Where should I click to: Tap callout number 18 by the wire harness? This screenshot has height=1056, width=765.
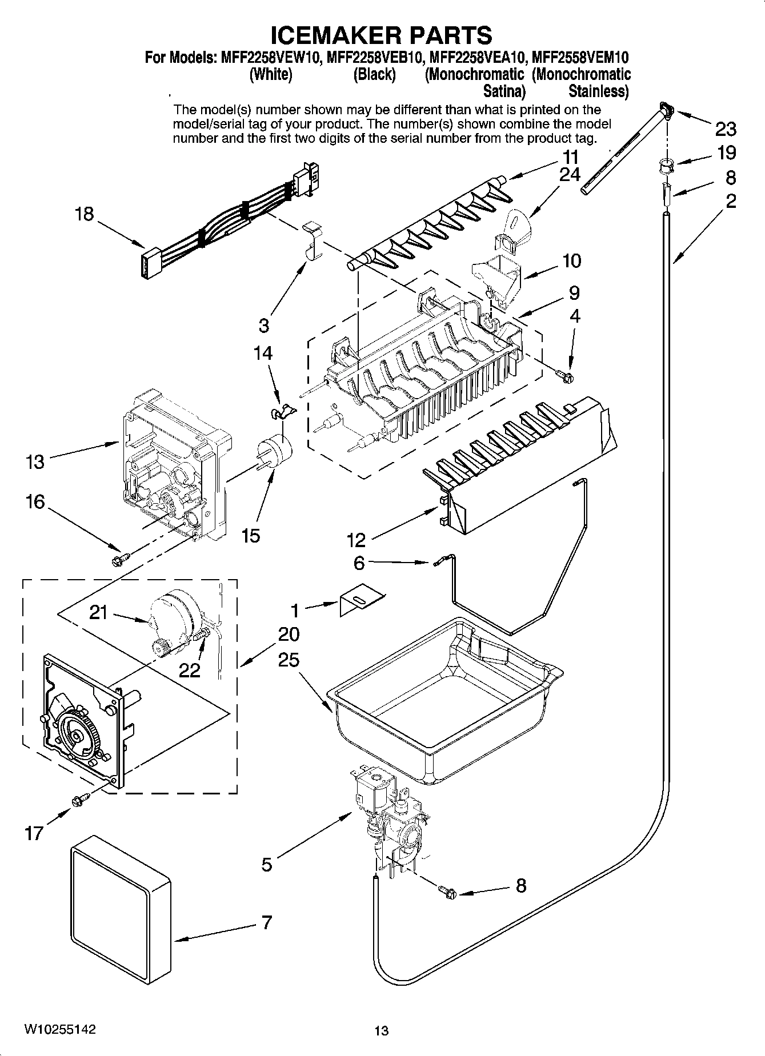[85, 214]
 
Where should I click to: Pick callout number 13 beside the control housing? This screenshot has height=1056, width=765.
[35, 461]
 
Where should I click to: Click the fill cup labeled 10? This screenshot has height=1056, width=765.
[496, 277]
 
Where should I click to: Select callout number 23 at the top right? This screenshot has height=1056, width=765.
[726, 129]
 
